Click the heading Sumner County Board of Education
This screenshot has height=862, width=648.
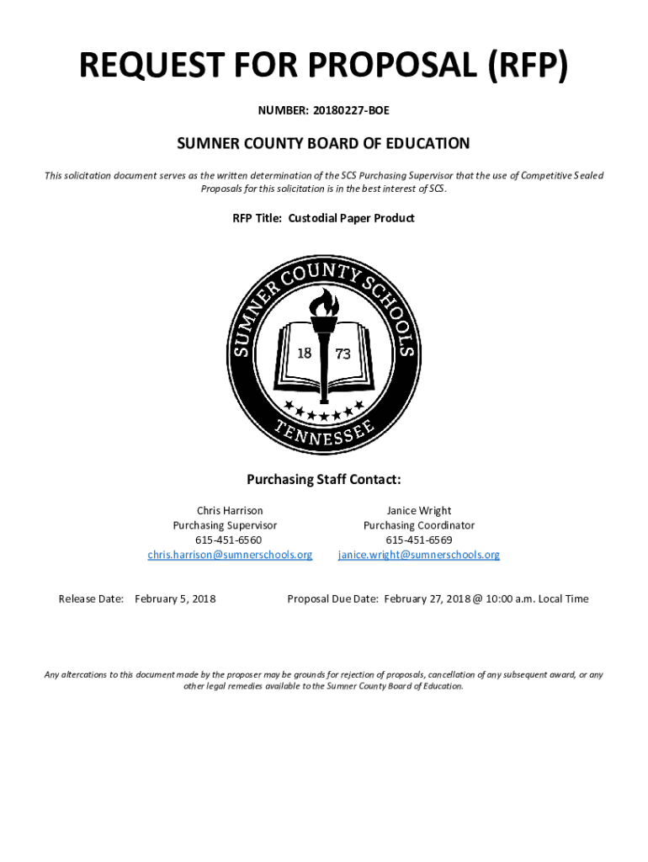pos(323,144)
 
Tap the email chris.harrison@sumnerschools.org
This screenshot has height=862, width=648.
pos(230,555)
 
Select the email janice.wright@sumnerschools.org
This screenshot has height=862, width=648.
pos(418,555)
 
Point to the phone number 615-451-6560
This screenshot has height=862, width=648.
pos(229,540)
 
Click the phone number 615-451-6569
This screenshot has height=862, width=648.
pos(418,540)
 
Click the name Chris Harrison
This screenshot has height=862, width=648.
pos(230,510)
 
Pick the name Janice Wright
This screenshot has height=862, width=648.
pos(418,510)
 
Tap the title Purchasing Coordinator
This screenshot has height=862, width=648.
pos(418,525)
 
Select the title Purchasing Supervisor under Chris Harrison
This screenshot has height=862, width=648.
pos(225,525)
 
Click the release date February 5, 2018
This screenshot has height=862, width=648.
pos(175,599)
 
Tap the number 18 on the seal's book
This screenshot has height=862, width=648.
pos(304,353)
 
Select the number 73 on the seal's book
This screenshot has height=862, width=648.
pos(343,354)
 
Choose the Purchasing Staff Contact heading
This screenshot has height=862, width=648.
pos(323,480)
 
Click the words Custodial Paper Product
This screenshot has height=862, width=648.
pos(351,218)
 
